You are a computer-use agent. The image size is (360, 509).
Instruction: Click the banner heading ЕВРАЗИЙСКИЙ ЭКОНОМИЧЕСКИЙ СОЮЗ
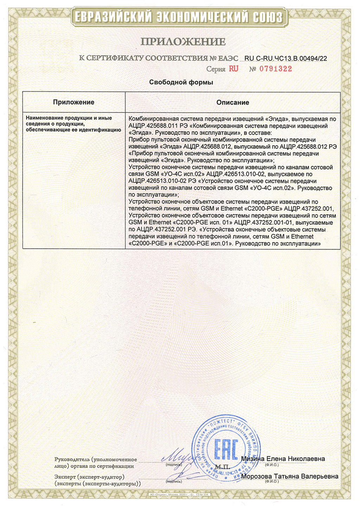[x=179, y=17]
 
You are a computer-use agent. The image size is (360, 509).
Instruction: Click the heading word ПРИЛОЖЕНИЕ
[x=183, y=42]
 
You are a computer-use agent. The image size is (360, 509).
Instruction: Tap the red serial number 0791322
[x=276, y=69]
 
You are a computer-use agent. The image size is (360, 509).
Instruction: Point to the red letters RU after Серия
[x=233, y=69]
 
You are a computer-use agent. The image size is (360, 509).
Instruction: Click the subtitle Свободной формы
[x=181, y=82]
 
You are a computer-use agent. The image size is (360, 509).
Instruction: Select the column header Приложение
[x=74, y=102]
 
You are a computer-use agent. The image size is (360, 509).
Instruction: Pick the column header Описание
[x=233, y=102]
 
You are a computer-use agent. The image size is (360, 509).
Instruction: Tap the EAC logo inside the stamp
[x=226, y=449]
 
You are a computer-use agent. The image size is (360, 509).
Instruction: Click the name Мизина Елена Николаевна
[x=283, y=459]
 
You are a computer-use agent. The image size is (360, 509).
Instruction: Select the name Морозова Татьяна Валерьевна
[x=290, y=476]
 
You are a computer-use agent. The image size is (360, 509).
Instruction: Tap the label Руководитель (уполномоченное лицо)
[x=95, y=463]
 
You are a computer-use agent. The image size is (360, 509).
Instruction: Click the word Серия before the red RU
[x=216, y=69]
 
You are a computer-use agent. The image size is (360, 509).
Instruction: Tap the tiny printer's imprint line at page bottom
[x=180, y=494]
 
